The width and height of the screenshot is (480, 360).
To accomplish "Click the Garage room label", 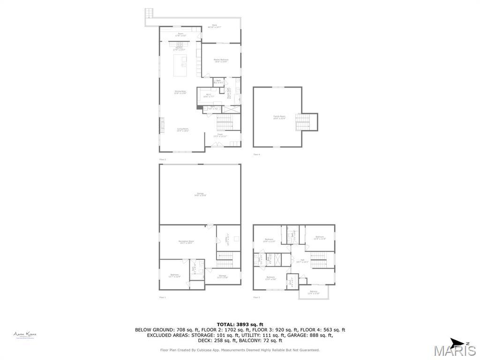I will (200, 195).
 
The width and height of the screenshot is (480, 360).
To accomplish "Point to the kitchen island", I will (180, 66).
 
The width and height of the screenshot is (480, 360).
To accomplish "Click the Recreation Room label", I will (187, 242).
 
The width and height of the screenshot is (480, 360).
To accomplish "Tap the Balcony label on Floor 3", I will (313, 292).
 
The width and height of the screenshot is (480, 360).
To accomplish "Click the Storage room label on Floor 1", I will (222, 277).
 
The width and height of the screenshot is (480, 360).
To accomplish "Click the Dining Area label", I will (180, 92).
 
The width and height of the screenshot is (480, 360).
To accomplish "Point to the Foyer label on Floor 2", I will (219, 135).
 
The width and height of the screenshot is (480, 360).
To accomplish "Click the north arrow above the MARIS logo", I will (457, 342).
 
